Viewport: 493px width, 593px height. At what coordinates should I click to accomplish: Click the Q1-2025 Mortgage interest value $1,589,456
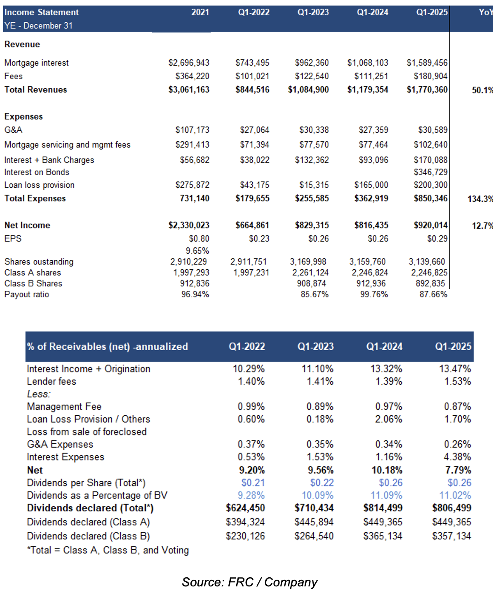click(x=427, y=63)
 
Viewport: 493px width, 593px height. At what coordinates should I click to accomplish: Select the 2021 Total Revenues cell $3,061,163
click(x=189, y=89)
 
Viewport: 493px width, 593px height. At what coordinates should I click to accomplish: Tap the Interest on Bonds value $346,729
click(x=430, y=172)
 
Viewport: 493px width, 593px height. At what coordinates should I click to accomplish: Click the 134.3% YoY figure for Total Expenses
click(x=480, y=199)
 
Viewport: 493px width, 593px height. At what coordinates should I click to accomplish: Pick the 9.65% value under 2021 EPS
click(x=197, y=250)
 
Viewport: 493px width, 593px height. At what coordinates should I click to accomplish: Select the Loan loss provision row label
click(x=40, y=185)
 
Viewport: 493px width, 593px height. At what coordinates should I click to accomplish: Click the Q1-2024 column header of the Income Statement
click(x=372, y=12)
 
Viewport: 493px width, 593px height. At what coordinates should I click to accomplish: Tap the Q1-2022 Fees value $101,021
click(x=252, y=76)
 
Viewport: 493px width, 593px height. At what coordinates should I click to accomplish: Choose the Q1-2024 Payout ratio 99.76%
click(x=374, y=294)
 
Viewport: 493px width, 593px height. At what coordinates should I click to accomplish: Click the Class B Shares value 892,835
click(x=430, y=283)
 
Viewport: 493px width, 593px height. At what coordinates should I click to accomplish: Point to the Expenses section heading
click(x=23, y=116)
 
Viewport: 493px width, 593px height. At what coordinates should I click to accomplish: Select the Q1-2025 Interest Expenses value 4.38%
click(x=457, y=457)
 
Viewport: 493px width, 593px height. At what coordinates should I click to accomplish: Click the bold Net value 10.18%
click(x=387, y=470)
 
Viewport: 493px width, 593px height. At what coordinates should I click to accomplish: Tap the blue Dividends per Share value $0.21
click(x=253, y=482)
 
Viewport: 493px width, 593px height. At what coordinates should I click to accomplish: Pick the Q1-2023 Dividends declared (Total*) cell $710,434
click(x=314, y=508)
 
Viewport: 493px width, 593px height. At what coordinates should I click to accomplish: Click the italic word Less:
click(x=39, y=394)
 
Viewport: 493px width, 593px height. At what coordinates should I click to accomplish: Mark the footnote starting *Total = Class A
click(x=108, y=550)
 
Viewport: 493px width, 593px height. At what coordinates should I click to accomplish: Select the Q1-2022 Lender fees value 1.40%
click(x=251, y=381)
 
